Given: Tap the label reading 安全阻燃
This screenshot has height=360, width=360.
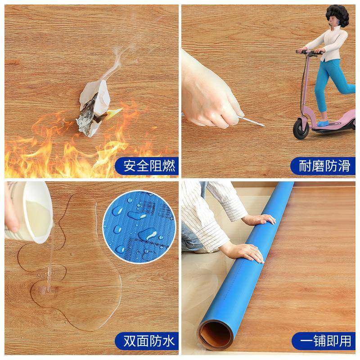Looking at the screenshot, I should click(146, 166).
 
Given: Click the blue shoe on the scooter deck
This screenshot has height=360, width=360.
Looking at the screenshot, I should click(323, 122).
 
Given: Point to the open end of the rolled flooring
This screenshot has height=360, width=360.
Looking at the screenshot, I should click(216, 333).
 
